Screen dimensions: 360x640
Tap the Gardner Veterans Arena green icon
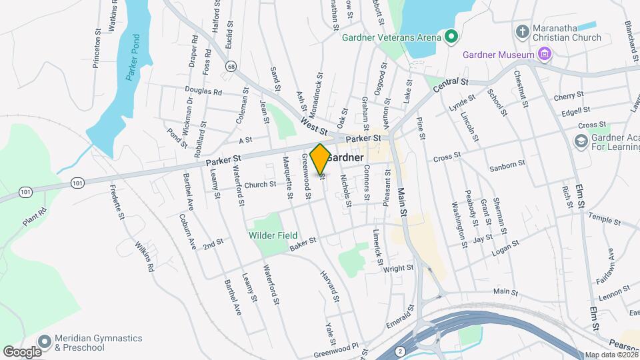click(x=451, y=37)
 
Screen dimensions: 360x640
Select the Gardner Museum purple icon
click(x=545, y=53)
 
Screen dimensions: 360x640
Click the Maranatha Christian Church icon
click(x=523, y=31)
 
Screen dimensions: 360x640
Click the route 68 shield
click(x=231, y=66)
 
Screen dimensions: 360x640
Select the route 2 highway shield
click(x=399, y=351)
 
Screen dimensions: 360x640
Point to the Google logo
click(x=22, y=351)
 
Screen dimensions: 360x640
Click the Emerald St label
click(x=401, y=317)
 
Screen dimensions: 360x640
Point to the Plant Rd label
click(x=35, y=218)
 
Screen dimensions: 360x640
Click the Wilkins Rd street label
click(x=145, y=258)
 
